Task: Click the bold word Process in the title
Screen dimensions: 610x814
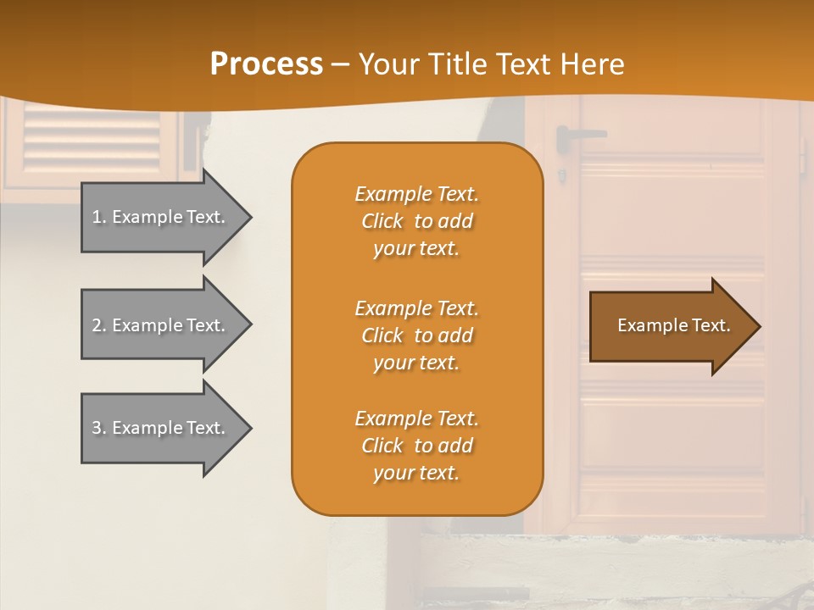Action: [266, 64]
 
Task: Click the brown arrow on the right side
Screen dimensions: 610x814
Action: [670, 326]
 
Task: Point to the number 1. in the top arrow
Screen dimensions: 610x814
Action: [99, 217]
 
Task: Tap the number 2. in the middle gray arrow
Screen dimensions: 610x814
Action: [99, 325]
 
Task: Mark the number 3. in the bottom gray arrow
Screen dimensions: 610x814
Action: [99, 428]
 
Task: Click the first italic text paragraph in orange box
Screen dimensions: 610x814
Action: [416, 221]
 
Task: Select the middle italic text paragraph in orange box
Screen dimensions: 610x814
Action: [416, 335]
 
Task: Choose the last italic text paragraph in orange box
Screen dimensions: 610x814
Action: [416, 446]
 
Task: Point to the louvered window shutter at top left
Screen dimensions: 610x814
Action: [92, 140]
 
